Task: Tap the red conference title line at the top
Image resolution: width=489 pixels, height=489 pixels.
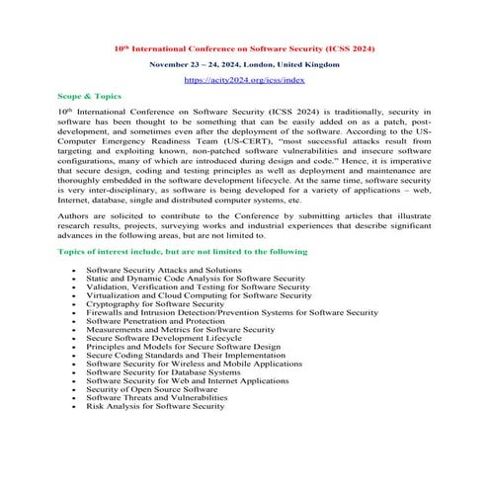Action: (244, 47)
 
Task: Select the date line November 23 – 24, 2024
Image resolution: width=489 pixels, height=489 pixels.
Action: (244, 63)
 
